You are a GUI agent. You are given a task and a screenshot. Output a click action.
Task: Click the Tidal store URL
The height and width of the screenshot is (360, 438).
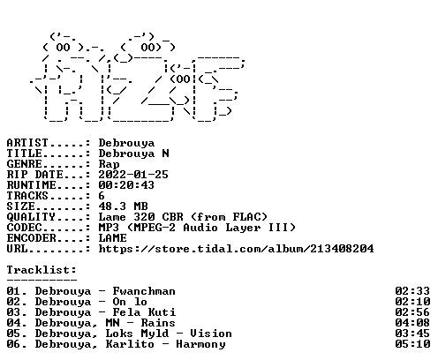236,249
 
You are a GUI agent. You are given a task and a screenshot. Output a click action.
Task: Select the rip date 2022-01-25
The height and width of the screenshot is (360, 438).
133,175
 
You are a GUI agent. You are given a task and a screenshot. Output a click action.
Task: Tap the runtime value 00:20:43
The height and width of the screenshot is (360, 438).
126,185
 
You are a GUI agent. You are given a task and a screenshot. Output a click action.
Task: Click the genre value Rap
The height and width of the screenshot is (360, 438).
109,164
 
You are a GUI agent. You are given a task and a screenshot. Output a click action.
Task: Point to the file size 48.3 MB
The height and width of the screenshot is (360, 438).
123,206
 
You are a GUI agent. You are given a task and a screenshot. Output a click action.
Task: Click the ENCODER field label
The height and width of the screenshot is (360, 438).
32,238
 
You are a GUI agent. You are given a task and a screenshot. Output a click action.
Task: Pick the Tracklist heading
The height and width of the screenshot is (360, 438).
42,270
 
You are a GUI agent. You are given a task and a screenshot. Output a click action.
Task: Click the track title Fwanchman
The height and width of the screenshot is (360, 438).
144,291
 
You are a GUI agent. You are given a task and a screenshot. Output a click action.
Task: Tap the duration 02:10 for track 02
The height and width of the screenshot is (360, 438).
412,302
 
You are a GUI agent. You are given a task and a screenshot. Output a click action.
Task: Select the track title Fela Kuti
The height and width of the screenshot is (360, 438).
144,312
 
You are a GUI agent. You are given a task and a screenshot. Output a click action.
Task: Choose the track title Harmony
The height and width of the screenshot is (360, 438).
200,344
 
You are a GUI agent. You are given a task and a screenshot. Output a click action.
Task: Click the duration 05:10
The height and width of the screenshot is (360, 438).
412,344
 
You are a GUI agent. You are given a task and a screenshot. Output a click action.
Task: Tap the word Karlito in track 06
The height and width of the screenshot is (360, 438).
130,344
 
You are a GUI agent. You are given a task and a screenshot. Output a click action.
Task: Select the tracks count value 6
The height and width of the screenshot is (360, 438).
102,196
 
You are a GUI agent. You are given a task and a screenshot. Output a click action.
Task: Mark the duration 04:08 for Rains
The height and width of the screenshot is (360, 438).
412,323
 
